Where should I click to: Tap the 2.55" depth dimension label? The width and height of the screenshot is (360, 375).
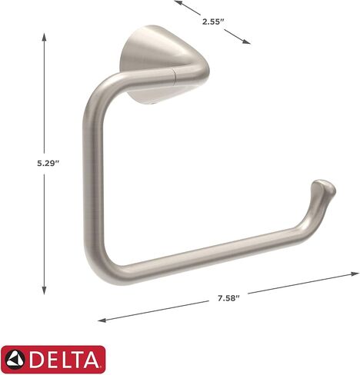click(x=212, y=22)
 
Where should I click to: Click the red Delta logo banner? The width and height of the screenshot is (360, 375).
click(x=53, y=358)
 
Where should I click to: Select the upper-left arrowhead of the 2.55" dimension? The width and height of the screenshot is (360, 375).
click(x=177, y=3)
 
